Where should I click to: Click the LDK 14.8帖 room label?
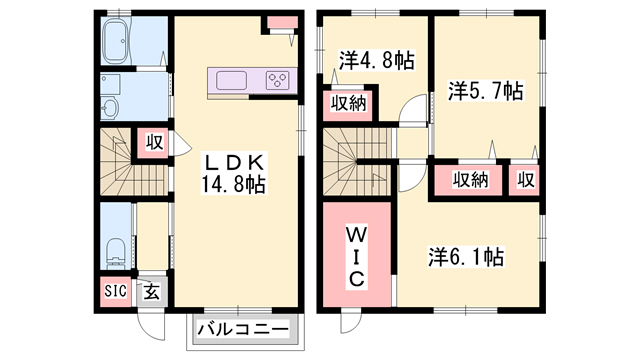233,174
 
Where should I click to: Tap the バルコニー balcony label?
243,329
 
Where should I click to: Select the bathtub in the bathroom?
117,42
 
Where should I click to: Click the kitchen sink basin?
231,80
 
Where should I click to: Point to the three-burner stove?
278,80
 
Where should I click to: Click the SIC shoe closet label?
116,291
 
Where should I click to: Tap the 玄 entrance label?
151,292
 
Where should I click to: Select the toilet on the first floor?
115,253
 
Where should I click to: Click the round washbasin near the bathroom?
109,109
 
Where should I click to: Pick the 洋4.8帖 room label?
376,60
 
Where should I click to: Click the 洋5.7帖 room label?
485,91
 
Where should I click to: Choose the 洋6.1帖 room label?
466,257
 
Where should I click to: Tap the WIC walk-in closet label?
356,257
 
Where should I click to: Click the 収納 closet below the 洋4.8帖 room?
348,104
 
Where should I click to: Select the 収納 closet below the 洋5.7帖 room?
470,180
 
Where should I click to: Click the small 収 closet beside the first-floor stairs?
155,143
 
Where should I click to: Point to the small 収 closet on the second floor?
525,180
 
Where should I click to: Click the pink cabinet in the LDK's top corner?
282,22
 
